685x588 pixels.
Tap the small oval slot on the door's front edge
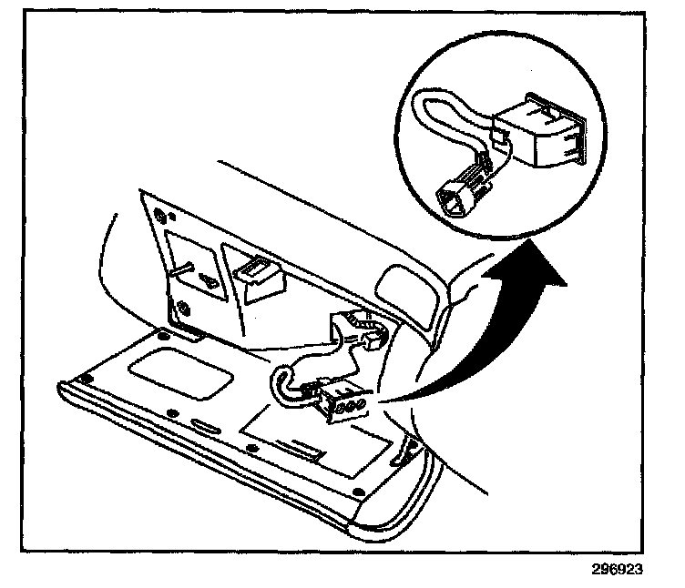[203, 424]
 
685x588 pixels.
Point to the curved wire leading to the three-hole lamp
[282, 388]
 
